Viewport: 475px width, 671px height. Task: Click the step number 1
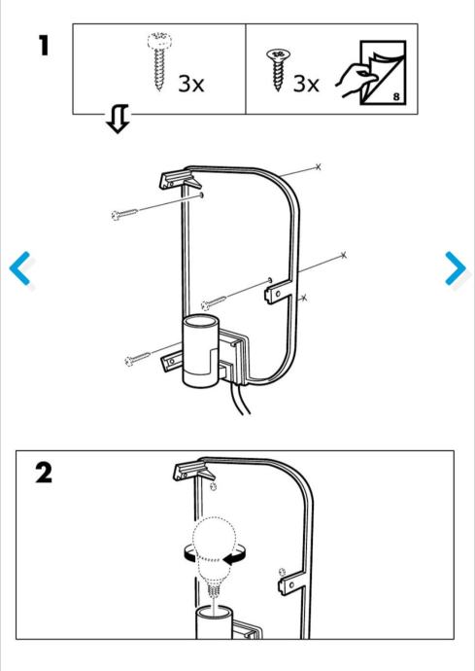[x=44, y=46]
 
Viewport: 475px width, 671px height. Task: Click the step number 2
[x=43, y=474]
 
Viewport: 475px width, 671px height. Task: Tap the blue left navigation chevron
[x=20, y=268]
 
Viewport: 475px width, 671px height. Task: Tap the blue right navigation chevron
[x=455, y=268]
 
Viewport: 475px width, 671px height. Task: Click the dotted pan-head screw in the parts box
[x=158, y=60]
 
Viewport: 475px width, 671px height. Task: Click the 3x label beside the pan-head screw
[x=190, y=84]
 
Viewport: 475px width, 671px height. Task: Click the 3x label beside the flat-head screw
[x=306, y=84]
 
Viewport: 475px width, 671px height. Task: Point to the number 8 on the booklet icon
[x=396, y=96]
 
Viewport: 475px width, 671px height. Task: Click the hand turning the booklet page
[x=356, y=80]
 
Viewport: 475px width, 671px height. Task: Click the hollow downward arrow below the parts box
[x=118, y=119]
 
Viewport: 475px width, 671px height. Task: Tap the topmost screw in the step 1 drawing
[x=124, y=214]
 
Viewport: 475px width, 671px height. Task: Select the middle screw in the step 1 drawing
[x=214, y=303]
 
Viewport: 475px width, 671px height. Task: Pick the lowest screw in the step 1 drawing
[x=137, y=359]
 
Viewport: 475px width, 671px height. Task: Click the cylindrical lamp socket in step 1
[x=200, y=351]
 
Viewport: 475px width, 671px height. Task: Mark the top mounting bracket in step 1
[x=180, y=179]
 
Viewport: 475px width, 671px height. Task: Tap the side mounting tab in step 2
[x=292, y=582]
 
